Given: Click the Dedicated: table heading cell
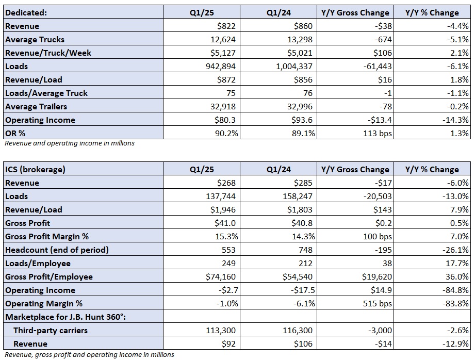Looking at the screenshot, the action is [84, 12].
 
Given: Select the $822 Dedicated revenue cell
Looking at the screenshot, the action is [202, 26].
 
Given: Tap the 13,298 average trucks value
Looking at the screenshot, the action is [279, 39].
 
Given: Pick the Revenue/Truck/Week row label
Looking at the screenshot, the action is [48, 53].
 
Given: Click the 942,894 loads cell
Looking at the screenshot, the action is [202, 66].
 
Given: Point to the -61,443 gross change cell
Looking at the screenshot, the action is [355, 66].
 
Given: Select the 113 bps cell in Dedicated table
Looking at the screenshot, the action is [355, 133].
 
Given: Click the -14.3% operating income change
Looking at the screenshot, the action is [432, 120].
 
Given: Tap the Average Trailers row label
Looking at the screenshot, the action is [36, 106].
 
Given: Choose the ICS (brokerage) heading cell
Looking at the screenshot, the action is [84, 169].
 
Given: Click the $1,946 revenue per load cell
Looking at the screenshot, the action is [202, 209].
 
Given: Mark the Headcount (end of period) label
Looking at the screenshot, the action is [57, 250].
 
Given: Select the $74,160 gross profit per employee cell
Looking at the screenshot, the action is [202, 276].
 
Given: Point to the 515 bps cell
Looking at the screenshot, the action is [355, 303].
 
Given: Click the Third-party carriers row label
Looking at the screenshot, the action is [51, 330].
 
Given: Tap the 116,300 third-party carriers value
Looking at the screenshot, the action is [279, 330].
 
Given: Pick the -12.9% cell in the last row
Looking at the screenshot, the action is [432, 343].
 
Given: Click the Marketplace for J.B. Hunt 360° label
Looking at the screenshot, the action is [65, 317].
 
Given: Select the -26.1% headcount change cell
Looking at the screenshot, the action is [432, 250].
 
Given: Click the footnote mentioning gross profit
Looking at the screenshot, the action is [89, 354].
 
